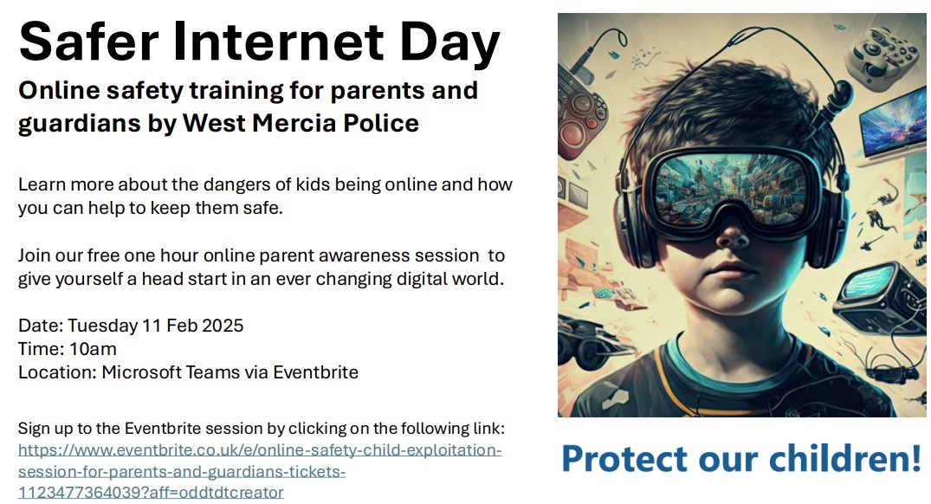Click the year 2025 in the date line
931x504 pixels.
tap(223, 326)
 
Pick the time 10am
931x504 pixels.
tap(93, 348)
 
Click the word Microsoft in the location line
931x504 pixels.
tap(141, 372)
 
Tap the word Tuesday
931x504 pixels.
tap(103, 326)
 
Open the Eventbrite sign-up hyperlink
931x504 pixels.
tap(260, 471)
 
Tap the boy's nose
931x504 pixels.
tap(733, 235)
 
